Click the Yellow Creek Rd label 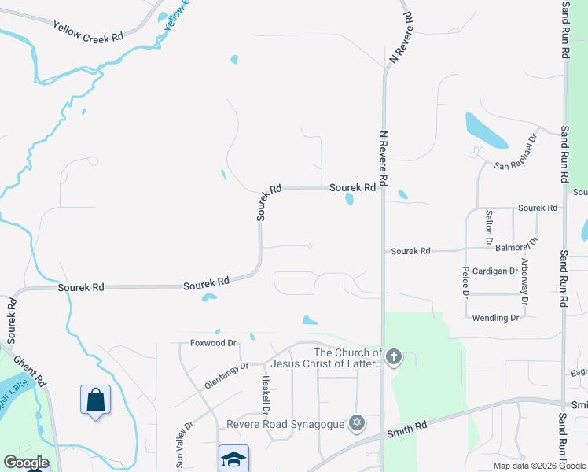tap(89, 31)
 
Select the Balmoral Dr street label tap(516, 247)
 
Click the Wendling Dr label tap(495, 318)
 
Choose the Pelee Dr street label tap(465, 281)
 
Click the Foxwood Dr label tap(213, 343)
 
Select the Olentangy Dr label tap(226, 366)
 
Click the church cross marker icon tap(394, 358)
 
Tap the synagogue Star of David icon tap(357, 423)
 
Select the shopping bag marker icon tap(95, 400)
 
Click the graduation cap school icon tap(233, 459)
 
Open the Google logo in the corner tap(25, 463)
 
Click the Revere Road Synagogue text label tap(285, 424)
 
